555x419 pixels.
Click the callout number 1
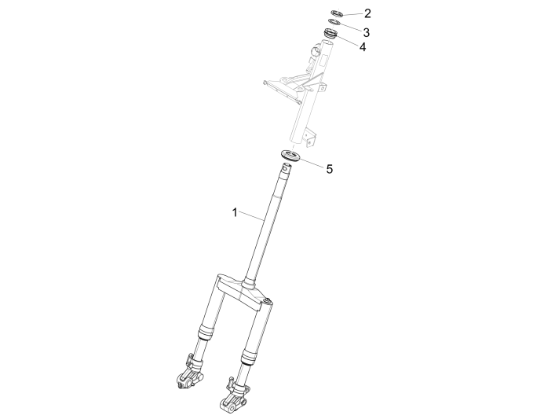tap(233, 212)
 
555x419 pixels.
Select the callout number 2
tap(367, 13)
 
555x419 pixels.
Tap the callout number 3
tap(366, 32)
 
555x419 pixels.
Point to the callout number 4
tap(363, 47)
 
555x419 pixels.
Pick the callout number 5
tap(329, 168)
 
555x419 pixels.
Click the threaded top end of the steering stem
tap(288, 167)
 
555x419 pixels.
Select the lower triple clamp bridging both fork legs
tap(243, 289)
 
